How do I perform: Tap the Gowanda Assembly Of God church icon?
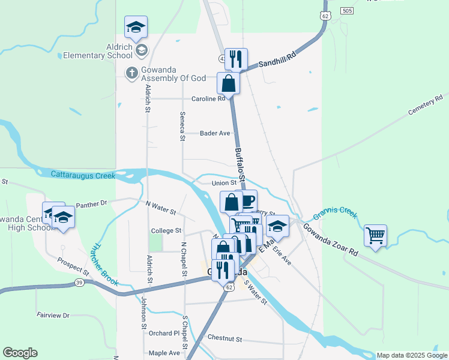pos(131,73)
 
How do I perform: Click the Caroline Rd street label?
pos(208,98)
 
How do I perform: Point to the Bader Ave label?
pos(215,133)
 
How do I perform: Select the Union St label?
pos(224,183)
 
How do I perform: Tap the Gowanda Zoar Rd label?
pos(330,241)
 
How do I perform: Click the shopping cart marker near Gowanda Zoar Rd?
pos(375,235)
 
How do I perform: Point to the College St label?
pos(166,230)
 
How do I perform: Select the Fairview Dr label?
pos(53,315)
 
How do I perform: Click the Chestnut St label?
pos(224,338)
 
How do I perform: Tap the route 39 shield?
pos(79,282)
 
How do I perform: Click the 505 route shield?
pos(346,11)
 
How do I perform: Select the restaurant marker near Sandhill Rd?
pos(236,59)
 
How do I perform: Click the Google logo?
pos(20,353)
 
